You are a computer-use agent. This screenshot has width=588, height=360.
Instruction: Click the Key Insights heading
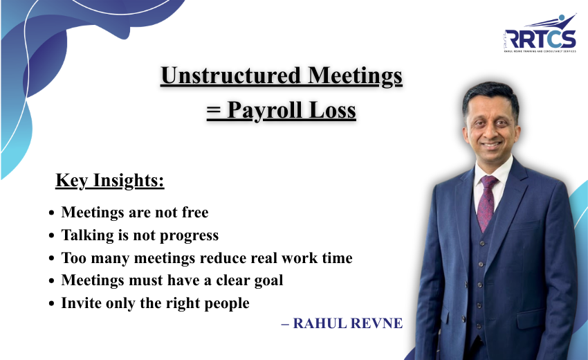tap(110, 181)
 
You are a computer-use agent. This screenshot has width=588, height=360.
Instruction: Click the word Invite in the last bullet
tap(80, 303)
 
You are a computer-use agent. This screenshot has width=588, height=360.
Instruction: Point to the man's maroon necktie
tap(487, 201)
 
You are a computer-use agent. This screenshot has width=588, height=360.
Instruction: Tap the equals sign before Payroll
tap(212, 111)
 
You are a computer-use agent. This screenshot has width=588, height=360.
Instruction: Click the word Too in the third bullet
tap(73, 258)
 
